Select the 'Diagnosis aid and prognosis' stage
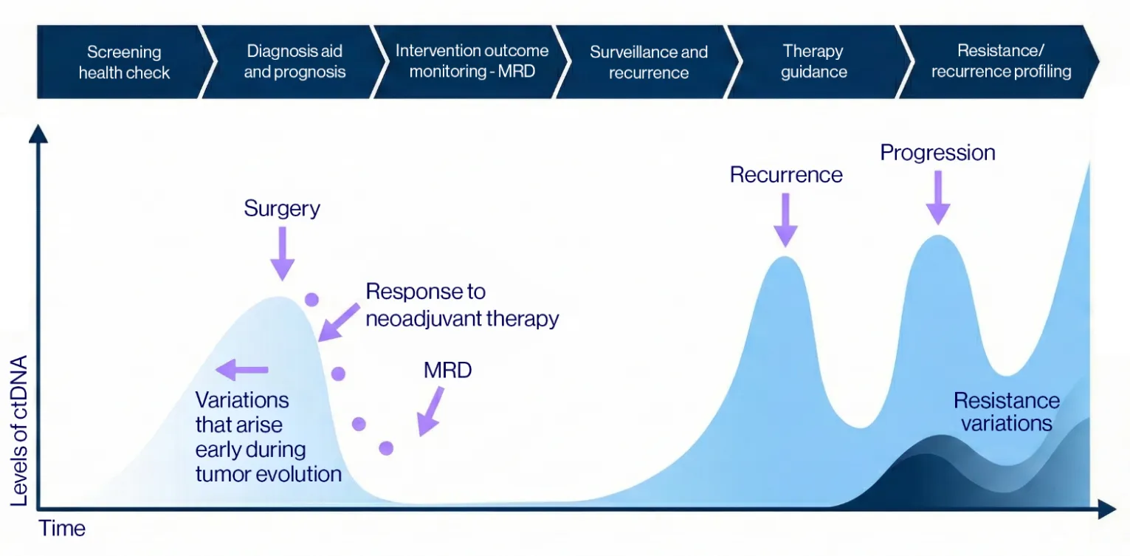pos(294,62)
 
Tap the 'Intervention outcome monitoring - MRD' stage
pos(472,62)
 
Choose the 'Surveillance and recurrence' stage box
pos(648,62)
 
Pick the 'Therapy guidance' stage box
pos(813,62)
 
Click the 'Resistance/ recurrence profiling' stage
pos(1001,62)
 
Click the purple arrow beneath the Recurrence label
pos(786,219)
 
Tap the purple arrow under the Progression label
pos(938,196)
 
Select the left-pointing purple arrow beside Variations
pos(242,369)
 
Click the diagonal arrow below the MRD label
pos(432,411)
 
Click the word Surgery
pos(282,208)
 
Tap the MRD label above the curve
pos(447,370)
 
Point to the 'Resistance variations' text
pos(1006,412)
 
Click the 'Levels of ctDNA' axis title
pos(20,430)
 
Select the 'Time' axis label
pos(62,529)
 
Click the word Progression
pos(937,153)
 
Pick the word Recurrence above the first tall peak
pos(786,175)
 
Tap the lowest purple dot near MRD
pos(386,447)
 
